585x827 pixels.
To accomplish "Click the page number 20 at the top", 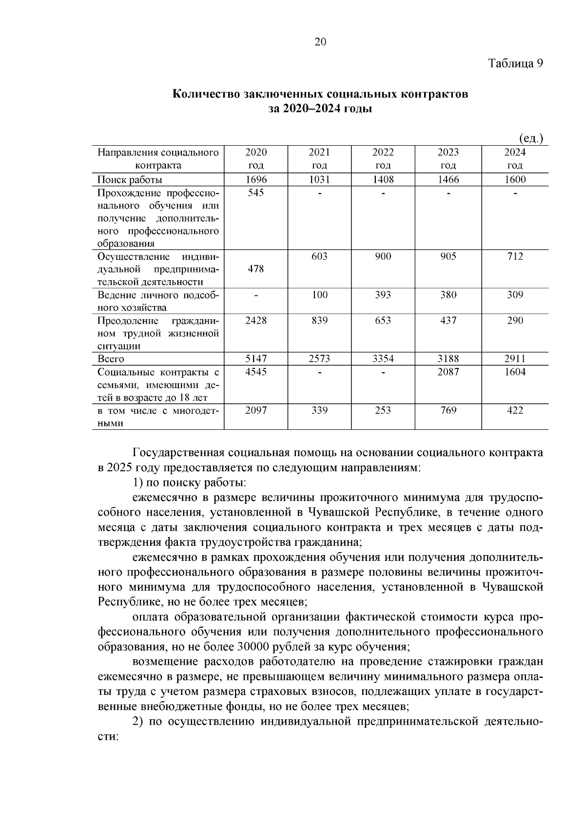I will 320,42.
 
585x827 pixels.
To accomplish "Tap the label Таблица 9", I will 515,64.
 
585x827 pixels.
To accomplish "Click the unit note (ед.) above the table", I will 531,139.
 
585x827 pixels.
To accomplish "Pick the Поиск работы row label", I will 130,180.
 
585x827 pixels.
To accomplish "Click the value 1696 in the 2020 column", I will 256,180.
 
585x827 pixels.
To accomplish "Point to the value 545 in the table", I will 256,193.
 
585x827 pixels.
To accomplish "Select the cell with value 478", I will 256,269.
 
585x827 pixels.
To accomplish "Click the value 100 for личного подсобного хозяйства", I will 320,295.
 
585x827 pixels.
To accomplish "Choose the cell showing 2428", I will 256,321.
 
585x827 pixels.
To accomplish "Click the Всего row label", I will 111,359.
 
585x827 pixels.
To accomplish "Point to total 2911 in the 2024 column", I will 515,359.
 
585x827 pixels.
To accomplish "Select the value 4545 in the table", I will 256,372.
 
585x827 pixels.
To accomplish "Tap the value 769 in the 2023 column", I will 448,410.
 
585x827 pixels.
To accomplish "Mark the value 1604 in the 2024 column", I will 515,372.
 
